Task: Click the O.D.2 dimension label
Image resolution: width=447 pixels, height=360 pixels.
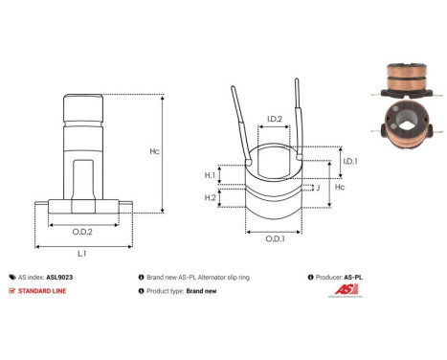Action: tap(82, 231)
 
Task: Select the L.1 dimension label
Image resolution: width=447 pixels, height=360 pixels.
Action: tap(82, 254)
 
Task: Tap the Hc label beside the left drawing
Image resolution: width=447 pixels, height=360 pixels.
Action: tap(182, 151)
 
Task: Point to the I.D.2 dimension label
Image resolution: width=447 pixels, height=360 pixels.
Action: tap(274, 119)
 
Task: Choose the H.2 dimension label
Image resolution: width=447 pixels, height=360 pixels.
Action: tap(210, 196)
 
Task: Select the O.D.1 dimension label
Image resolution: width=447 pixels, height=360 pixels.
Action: tap(275, 239)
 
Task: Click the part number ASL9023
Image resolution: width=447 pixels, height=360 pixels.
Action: tap(60, 275)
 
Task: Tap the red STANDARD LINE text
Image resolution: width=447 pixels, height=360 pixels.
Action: tap(44, 290)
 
